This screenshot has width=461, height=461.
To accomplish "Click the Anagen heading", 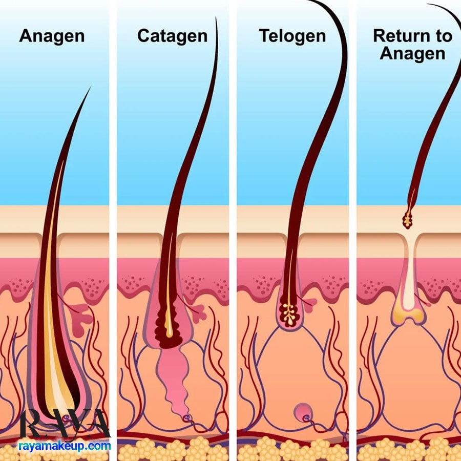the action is point(52,36).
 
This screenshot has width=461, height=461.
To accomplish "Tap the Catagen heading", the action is point(172,36).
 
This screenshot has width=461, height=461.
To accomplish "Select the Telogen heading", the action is point(292,36).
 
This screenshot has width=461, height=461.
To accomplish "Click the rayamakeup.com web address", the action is point(65,446).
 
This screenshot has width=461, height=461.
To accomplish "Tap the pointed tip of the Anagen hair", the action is point(90,87).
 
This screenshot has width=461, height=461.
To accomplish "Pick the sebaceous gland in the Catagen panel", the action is point(199,313).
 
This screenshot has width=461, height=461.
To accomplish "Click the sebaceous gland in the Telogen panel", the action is point(309,305).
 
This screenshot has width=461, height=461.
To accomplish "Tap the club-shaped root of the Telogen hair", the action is point(289,313).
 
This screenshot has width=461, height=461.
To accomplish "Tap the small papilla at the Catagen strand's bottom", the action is point(186,417).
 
